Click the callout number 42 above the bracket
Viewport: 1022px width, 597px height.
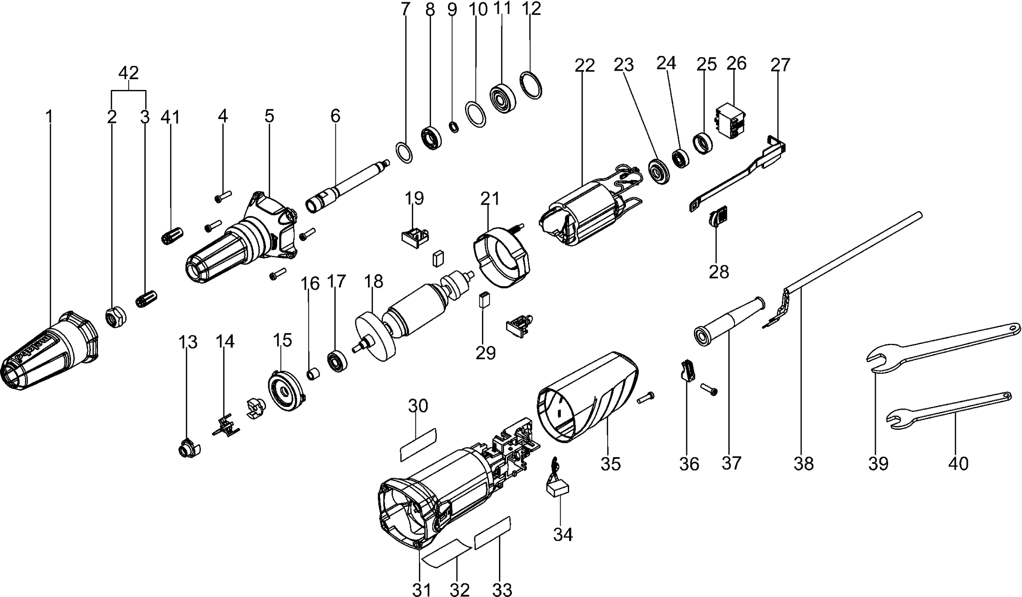[128, 72]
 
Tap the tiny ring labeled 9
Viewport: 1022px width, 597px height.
[454, 127]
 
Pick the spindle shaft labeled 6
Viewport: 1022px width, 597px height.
[349, 186]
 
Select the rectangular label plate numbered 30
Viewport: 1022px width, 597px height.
[418, 444]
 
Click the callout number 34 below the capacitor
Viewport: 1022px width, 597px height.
[563, 534]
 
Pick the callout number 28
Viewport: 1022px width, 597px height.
[718, 272]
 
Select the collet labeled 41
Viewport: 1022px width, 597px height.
[172, 234]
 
